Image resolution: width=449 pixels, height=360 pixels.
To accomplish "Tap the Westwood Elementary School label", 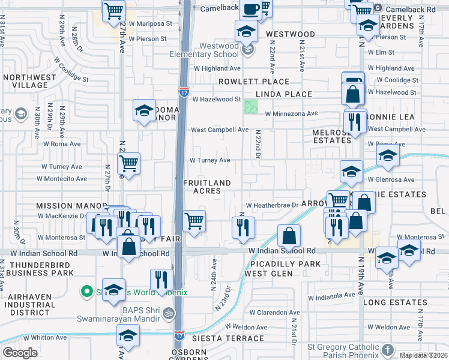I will tap(219, 50).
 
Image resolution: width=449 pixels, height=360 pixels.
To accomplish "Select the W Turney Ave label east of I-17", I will tap(210, 160).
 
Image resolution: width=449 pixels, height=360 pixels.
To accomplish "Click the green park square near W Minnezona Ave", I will tap(251, 107).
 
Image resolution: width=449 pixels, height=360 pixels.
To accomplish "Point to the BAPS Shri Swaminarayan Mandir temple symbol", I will tap(169, 313).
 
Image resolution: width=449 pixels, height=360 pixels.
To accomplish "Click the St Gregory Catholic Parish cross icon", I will tap(388, 349).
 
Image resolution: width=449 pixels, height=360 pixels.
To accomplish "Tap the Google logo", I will tap(20, 353).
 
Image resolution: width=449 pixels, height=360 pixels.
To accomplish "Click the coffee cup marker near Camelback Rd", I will tap(250, 9).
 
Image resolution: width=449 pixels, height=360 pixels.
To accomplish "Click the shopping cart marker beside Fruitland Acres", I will tap(194, 221).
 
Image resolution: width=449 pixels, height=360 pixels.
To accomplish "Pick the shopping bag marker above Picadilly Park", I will tap(289, 235).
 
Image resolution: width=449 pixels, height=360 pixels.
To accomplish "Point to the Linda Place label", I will tap(284, 94).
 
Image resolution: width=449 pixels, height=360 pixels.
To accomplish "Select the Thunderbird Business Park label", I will tap(41, 269).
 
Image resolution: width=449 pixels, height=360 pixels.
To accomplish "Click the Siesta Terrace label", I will tap(215, 338).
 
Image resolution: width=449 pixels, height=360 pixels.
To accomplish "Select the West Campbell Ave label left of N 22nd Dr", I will tap(219, 130).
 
